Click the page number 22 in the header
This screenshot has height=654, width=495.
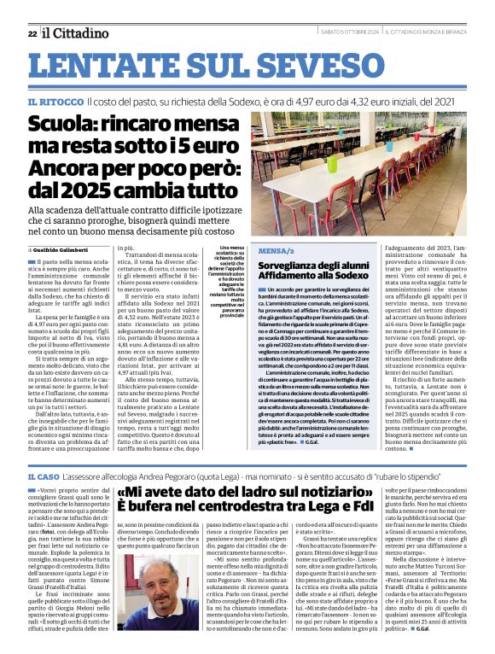32,33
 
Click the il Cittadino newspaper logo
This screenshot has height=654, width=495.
77,32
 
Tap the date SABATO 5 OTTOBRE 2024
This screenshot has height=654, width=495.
337,33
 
